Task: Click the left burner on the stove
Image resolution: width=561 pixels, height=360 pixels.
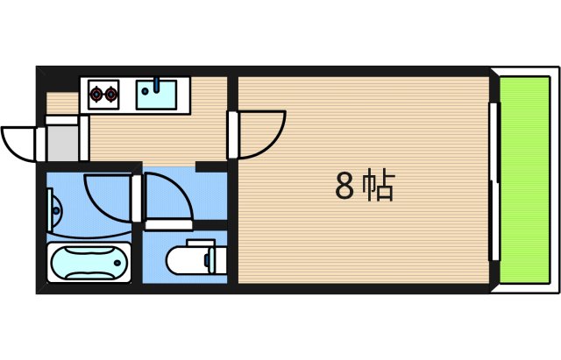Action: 96,93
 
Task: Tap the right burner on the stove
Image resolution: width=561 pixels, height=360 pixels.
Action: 110,93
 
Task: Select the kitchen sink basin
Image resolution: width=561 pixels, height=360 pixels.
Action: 158,94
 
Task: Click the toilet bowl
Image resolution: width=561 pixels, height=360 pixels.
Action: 185,259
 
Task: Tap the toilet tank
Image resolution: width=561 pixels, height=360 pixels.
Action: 217,258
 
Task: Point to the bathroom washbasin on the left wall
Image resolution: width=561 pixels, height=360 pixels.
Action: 56,210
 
